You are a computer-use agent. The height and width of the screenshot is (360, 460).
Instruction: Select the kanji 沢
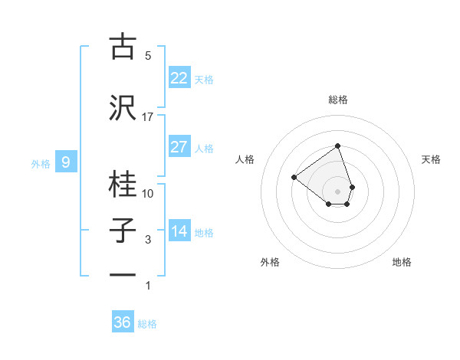click(122, 108)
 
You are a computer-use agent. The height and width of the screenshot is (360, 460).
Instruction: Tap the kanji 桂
click(122, 185)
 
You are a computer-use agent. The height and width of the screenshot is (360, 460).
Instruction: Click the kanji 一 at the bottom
click(122, 275)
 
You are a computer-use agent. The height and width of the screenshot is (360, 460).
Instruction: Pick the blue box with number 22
click(179, 78)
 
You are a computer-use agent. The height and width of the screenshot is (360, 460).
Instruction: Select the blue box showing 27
click(179, 147)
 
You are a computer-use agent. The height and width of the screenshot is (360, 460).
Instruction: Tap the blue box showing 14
click(179, 231)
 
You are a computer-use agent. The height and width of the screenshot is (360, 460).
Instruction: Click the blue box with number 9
click(66, 162)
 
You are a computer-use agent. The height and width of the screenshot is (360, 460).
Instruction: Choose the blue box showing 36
click(123, 322)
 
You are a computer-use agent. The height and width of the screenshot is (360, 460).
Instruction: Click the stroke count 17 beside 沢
click(148, 117)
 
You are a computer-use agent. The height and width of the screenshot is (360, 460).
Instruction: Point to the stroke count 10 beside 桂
click(148, 193)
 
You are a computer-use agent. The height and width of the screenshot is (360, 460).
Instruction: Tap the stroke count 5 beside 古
click(148, 55)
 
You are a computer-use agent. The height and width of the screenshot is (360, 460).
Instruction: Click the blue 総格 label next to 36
click(147, 324)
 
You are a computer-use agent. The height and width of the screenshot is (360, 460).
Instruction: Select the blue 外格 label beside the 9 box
click(41, 163)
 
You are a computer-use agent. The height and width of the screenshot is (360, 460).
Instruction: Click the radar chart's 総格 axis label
click(337, 100)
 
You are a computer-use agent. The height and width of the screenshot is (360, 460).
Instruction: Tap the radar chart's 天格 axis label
click(432, 159)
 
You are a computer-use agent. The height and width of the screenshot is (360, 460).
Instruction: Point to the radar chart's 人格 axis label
click(245, 159)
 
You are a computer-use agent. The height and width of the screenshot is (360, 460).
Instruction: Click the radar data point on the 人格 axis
click(294, 177)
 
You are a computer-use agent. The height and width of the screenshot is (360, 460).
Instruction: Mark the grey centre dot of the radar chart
click(337, 191)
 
